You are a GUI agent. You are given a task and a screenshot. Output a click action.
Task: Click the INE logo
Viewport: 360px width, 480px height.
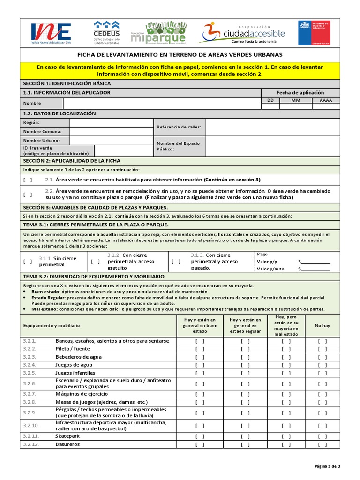coord(51,33)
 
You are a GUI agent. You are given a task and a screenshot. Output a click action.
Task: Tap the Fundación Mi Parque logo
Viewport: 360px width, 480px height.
coord(158,33)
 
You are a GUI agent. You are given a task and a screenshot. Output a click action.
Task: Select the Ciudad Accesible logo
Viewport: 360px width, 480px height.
coord(244,33)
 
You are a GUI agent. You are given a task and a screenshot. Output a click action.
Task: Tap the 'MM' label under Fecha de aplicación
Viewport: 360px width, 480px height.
coord(295,100)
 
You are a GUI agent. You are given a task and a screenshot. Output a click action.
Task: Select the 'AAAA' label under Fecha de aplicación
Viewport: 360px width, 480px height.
coord(325,100)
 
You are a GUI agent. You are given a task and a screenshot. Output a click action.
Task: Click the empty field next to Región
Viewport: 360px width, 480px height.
coord(112,122)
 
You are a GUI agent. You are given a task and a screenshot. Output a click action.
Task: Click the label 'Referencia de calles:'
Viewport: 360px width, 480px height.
coord(179,127)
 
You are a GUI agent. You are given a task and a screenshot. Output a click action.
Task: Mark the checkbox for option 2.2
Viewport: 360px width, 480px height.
coord(28,195)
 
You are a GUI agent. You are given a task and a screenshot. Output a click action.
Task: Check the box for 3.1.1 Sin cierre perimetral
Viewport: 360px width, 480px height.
coord(28,262)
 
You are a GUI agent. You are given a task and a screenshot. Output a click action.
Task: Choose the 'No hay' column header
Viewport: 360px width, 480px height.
coord(322,325)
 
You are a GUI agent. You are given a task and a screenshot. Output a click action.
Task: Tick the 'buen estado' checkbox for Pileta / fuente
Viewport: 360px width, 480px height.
coord(200,349)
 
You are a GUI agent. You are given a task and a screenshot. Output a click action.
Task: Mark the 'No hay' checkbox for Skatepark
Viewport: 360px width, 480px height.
coord(322,436)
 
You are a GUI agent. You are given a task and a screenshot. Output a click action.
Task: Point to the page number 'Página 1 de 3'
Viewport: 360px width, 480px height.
coord(327,466)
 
